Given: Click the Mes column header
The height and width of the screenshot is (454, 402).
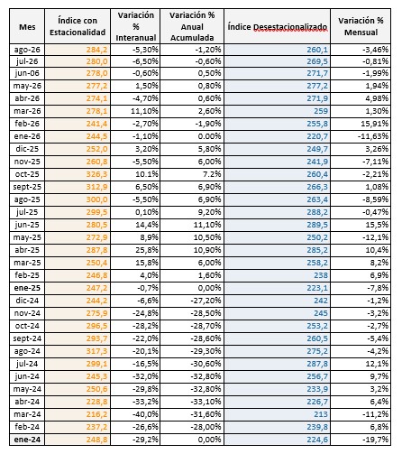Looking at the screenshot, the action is [27, 27].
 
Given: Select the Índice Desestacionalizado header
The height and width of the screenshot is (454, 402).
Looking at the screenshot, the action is [277, 27].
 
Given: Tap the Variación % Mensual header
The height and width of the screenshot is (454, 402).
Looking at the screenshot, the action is [361, 26].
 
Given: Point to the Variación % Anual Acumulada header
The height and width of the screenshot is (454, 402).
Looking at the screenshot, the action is [192, 26].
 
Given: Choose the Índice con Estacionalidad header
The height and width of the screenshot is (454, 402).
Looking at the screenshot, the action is [78, 26].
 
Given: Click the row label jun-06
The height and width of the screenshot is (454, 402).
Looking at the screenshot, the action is [27, 73].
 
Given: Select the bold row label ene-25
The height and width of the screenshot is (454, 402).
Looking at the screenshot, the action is [27, 288].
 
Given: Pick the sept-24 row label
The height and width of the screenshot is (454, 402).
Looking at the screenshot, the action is [27, 338].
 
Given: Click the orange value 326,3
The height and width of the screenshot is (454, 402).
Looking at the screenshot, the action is [96, 174].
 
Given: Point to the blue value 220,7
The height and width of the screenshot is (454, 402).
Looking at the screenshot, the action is [317, 136].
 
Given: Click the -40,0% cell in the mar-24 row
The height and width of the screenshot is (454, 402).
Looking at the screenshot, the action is [145, 414].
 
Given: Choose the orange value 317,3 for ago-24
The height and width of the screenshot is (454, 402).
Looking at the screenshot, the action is [96, 351].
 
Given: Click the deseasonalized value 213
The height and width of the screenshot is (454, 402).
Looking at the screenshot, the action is [321, 414].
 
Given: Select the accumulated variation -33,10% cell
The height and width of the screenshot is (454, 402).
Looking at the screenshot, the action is [206, 402].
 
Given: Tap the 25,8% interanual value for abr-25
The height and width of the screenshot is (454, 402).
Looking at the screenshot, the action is [147, 250].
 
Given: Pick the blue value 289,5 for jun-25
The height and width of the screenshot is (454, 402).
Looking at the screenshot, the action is [317, 225].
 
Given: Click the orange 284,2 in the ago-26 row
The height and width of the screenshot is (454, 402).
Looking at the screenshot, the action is [96, 50].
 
